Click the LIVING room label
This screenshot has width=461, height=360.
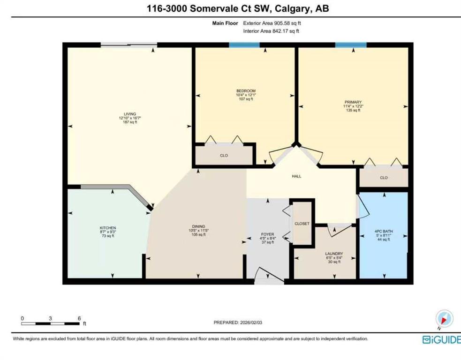130,114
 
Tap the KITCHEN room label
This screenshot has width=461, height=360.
108,228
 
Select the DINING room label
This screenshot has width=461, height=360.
198,226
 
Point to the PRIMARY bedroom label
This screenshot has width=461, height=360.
353,102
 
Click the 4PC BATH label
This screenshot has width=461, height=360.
384,231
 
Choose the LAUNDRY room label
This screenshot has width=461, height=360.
334,254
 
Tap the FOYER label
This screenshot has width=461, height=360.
267,234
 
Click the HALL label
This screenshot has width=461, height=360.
297,176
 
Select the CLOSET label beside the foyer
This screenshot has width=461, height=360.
302,224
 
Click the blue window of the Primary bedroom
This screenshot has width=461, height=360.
351,45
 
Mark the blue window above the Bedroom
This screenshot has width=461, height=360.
244,45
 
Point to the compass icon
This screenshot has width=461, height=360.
445,319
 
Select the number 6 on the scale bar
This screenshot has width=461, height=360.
79,318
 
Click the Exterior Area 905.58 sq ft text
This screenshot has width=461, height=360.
272,23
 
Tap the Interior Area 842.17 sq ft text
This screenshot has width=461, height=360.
271,31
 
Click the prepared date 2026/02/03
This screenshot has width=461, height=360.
251,322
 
